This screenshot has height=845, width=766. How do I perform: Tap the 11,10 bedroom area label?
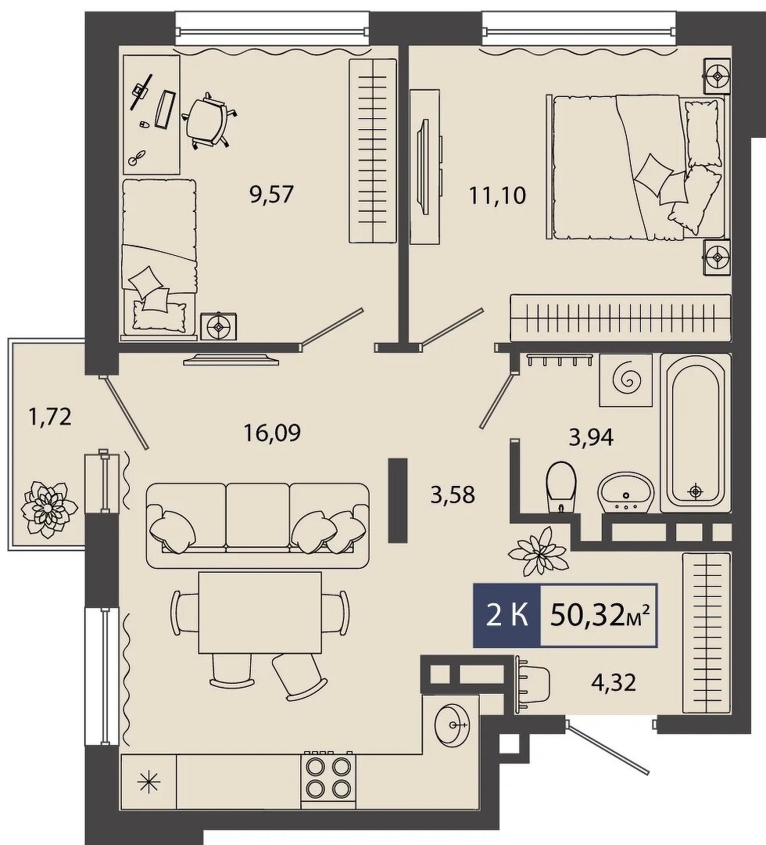(x=497, y=195)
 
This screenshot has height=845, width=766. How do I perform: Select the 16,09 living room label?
(x=272, y=432)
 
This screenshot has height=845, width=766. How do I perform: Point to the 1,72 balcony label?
(x=50, y=416)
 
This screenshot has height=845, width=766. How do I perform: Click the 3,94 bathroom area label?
(x=591, y=437)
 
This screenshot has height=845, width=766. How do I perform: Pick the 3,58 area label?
(x=453, y=494)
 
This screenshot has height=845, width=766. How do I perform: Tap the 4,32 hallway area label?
(x=614, y=682)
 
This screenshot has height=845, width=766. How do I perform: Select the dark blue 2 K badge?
(x=506, y=615)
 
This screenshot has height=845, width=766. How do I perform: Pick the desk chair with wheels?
(x=209, y=122)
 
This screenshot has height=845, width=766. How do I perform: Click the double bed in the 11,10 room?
(x=635, y=167)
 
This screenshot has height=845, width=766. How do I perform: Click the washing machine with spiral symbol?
(x=627, y=380)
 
